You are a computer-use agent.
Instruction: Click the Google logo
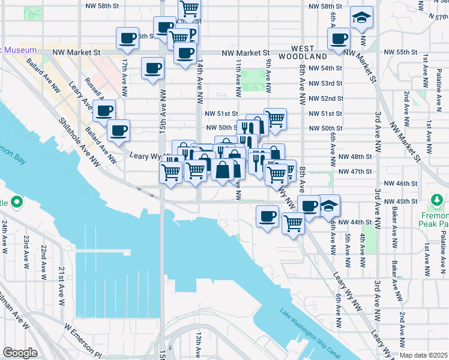click(20, 353)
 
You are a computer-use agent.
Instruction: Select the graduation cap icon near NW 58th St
click(362, 19)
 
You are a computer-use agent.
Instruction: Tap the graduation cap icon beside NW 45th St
click(329, 206)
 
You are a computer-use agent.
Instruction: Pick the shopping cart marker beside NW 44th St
click(294, 224)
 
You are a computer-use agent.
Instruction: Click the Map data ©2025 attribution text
click(424, 355)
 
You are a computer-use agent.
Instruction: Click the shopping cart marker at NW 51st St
click(274, 118)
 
